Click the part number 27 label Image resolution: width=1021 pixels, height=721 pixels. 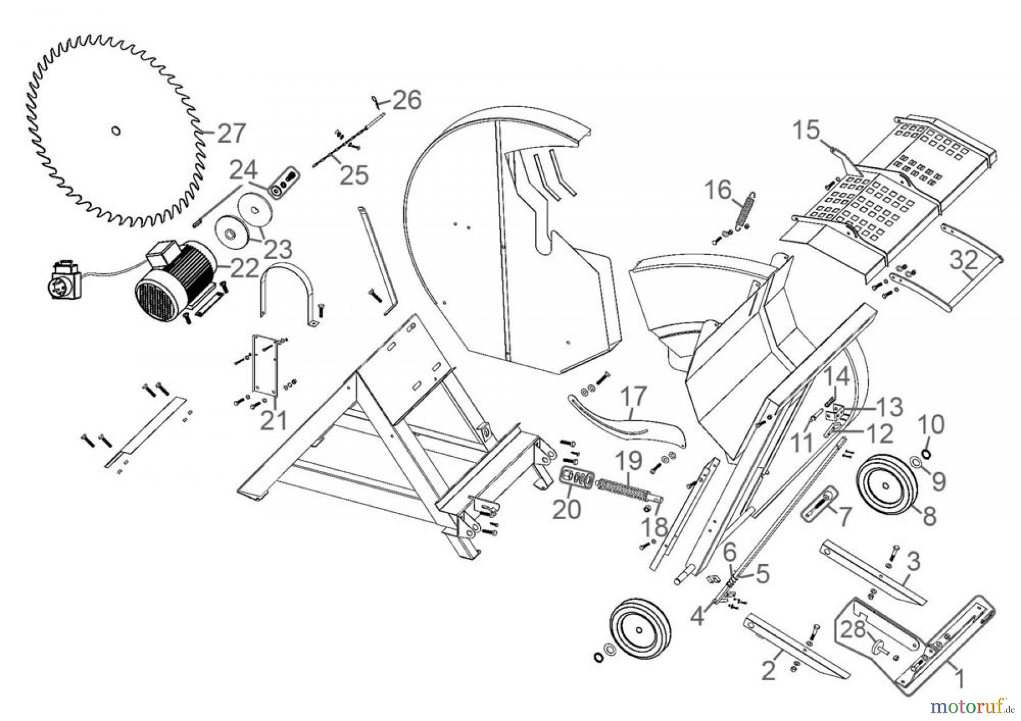tap(231, 134)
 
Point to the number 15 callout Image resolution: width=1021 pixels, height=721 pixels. tap(806, 130)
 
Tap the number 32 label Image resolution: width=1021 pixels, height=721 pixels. tap(964, 260)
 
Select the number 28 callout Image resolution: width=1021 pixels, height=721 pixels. tap(853, 629)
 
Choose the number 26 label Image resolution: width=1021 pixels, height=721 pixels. tap(407, 100)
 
